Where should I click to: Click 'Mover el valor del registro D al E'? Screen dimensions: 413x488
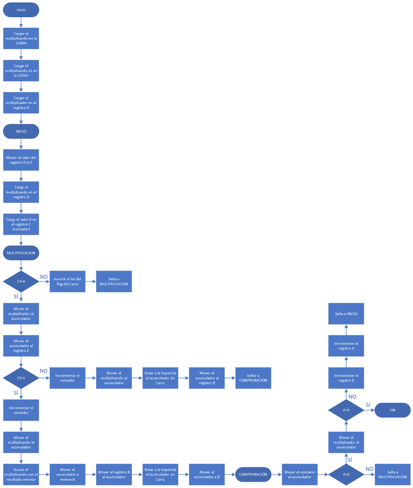pos(21,160)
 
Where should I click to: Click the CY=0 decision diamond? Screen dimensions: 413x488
pos(21,281)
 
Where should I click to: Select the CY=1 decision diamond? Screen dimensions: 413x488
pos(21,378)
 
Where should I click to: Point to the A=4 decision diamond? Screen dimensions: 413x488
pos(346,475)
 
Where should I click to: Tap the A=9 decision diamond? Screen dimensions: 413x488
pos(346,410)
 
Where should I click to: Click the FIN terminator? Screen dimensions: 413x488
pos(393,410)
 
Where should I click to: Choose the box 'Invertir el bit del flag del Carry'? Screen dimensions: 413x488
pos(67,281)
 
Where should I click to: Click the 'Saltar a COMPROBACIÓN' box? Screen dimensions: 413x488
pos(253,378)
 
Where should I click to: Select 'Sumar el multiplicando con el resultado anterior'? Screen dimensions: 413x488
pos(21,475)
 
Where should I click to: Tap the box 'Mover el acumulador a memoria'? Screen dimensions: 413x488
pos(67,475)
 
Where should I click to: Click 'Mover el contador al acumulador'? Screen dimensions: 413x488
pos(299,475)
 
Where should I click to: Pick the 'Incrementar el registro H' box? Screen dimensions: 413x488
pos(346,346)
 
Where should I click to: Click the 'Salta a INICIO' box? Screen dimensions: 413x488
pos(346,314)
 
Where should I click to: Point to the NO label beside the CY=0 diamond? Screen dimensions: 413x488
pos(44,277)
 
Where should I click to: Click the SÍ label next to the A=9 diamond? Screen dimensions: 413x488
pos(368,405)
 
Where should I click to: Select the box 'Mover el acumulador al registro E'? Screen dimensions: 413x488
pos(21,346)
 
